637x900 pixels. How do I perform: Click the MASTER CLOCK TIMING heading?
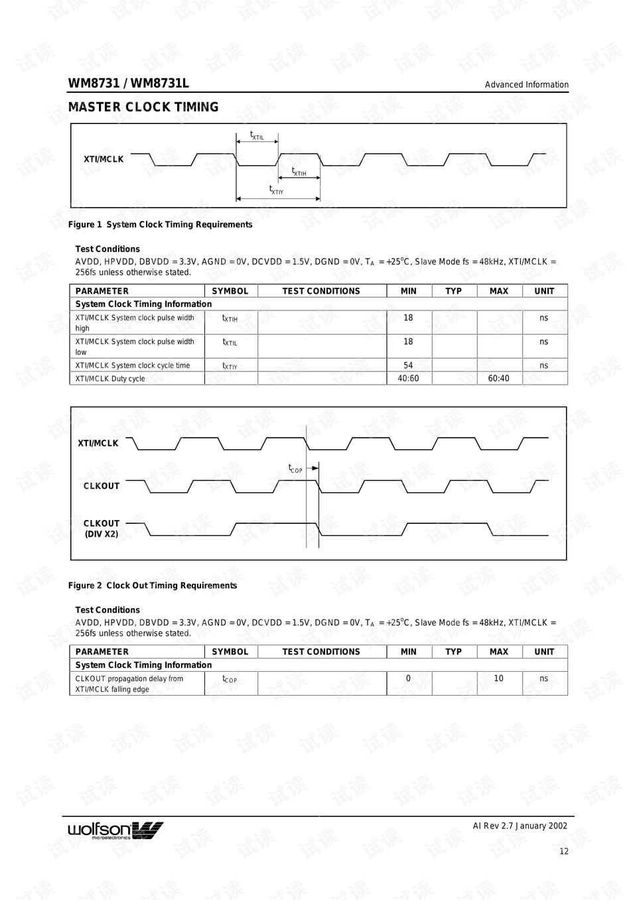pos(143,107)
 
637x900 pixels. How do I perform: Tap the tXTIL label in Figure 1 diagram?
pos(257,136)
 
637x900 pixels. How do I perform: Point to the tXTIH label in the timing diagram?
pos(299,172)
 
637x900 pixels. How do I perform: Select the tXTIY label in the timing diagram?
pos(276,190)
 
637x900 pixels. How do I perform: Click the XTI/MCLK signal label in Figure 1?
pos(104,159)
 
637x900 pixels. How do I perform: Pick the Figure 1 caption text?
pos(160,225)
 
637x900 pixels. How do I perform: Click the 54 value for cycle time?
pos(408,365)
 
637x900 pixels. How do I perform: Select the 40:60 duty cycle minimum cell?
pos(408,379)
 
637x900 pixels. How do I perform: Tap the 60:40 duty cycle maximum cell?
pos(498,379)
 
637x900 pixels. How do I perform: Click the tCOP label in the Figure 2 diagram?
pos(295,469)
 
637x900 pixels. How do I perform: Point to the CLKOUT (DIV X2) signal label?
pos(102,529)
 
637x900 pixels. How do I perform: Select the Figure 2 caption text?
pos(153,586)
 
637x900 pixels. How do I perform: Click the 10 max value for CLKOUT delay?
pos(498,678)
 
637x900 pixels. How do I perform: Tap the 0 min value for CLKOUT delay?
pos(408,678)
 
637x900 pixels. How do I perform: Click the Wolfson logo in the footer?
pos(115,830)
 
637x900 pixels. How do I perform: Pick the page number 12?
pos(563,852)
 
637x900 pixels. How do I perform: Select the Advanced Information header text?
pos(526,85)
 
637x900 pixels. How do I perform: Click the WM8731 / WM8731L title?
pos(128,83)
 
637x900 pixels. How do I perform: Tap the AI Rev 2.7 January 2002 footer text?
pos(520,826)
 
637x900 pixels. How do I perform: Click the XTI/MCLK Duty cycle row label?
pos(110,379)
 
